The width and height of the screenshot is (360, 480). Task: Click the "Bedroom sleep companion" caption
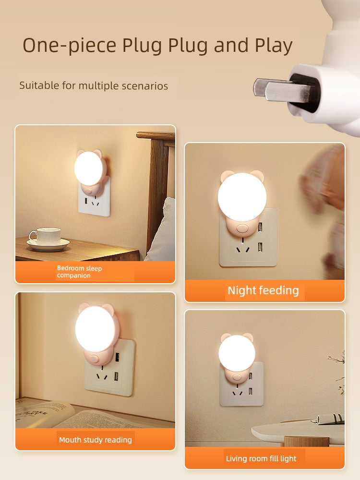pos(79,272)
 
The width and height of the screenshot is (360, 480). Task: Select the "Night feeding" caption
pos(263,290)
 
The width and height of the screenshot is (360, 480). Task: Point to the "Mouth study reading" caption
pos(96,440)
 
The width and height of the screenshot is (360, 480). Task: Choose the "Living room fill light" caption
pos(261,458)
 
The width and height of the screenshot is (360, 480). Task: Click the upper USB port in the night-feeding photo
pos(260,227)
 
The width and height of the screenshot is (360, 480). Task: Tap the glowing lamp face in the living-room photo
pos(237,352)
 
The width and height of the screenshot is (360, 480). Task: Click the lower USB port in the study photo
pos(117,376)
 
